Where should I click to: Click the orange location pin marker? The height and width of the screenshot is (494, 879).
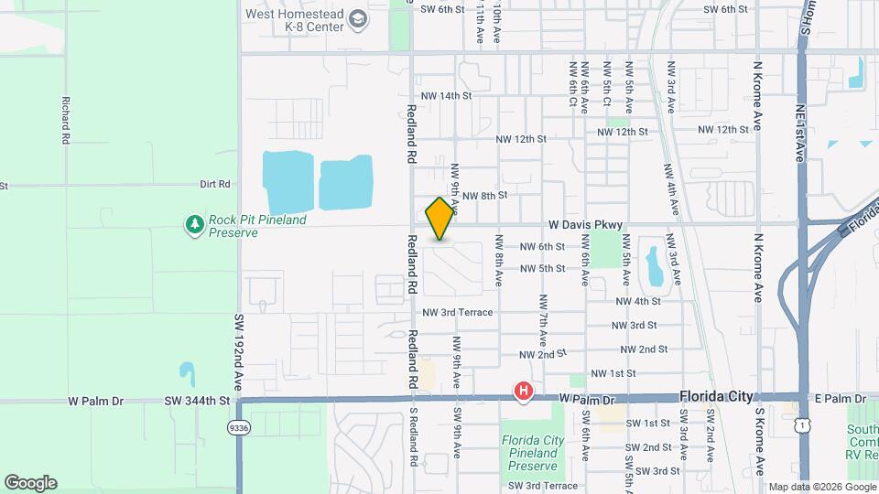tap(439, 219)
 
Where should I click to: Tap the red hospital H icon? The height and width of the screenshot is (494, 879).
tap(523, 392)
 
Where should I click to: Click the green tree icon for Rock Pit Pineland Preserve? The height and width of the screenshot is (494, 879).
tap(194, 225)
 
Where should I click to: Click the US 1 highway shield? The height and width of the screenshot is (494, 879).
tap(802, 426)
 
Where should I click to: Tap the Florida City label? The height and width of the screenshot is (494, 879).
tap(716, 397)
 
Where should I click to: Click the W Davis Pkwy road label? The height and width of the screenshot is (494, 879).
tap(586, 224)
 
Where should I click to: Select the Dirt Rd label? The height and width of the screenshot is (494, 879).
tap(215, 184)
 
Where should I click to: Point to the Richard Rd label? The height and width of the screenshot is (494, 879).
tap(66, 120)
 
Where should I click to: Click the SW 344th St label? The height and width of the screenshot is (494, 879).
tap(197, 401)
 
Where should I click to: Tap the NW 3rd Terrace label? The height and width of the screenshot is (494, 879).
tap(458, 313)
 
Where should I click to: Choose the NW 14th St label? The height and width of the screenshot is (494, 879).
tap(446, 95)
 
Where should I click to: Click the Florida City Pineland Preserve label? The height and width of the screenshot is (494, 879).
tap(533, 453)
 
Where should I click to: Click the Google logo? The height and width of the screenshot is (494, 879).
tap(30, 482)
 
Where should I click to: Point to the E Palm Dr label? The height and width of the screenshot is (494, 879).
tap(840, 399)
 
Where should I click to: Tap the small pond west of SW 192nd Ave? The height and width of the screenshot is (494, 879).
tap(187, 372)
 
